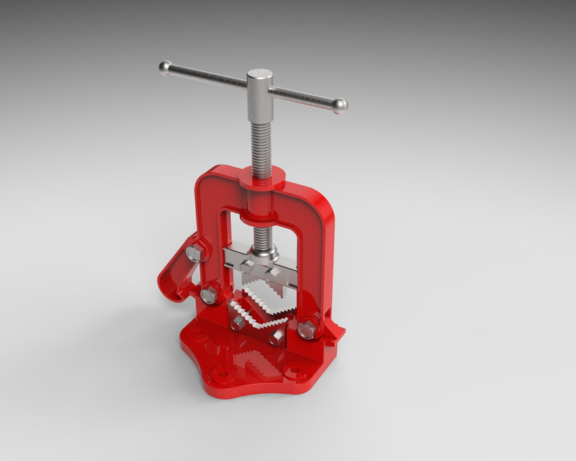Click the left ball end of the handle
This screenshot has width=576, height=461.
165,68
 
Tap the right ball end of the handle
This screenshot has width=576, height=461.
340,106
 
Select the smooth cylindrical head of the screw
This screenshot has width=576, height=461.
260,94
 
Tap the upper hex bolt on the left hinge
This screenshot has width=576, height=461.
194,253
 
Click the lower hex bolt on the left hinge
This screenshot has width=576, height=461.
210,293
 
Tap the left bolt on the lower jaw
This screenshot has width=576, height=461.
238,323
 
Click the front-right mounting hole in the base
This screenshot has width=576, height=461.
293,372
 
